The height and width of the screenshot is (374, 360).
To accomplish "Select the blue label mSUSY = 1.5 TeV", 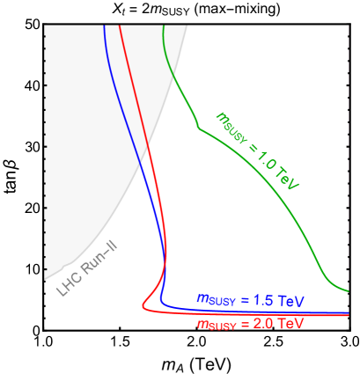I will tap(250, 300).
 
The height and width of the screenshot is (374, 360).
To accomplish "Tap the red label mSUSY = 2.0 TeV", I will tap(250, 324).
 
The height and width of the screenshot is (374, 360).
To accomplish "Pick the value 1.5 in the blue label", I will tap(264, 300).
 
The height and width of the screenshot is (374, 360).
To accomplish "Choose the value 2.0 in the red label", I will tap(265, 324).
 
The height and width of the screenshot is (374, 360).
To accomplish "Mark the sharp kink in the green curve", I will tap(199, 128).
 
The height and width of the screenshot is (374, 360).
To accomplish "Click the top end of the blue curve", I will tap(105, 26).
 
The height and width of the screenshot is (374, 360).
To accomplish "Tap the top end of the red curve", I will tap(120, 26).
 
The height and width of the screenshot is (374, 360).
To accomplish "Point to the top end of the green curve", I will tap(164, 26).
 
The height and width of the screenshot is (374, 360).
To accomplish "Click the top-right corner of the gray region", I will tap(187, 26).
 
